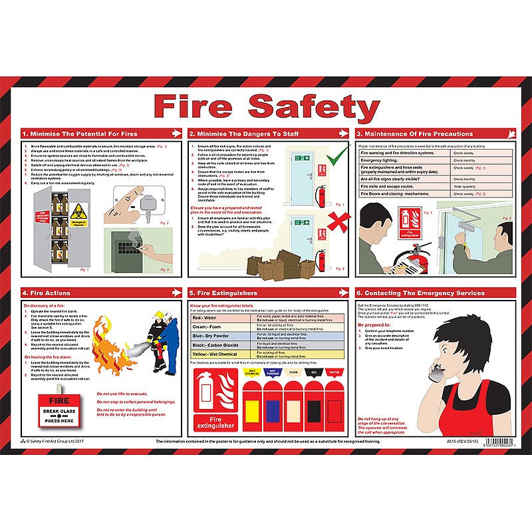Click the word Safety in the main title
313,105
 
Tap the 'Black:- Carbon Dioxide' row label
216,346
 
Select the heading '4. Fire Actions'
46,293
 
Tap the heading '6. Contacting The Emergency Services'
420,293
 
